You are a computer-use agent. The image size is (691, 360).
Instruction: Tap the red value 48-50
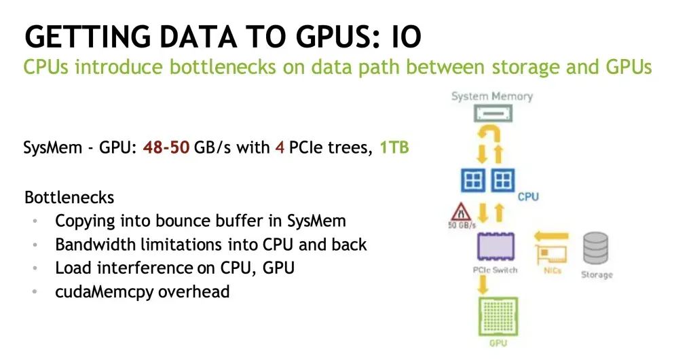point(166,147)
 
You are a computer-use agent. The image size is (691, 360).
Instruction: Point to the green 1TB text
point(394,147)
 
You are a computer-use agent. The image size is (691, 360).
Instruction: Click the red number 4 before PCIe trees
point(279,147)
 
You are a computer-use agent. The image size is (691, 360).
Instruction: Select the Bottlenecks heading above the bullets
point(69,198)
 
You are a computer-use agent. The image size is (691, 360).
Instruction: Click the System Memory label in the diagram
point(491,96)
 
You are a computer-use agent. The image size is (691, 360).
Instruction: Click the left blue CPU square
point(473,181)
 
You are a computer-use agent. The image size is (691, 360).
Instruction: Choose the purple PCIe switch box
point(495,247)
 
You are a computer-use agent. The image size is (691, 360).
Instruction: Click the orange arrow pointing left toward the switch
point(550,236)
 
